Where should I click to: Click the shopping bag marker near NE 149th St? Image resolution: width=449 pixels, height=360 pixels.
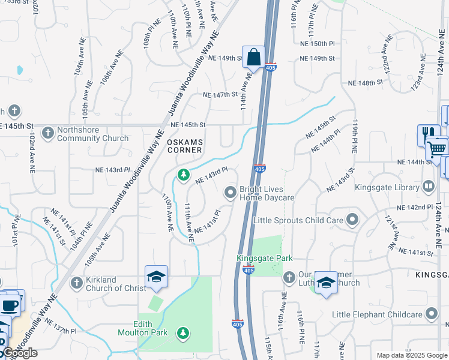(253, 58)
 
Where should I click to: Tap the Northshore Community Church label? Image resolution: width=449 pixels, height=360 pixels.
(92, 134)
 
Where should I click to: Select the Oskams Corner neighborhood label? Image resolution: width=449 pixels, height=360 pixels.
(184, 146)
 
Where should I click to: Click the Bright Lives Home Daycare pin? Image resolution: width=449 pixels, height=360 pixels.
(230, 193)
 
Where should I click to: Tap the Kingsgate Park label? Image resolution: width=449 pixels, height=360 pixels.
(265, 258)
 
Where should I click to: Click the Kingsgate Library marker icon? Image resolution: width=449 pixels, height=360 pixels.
(428, 187)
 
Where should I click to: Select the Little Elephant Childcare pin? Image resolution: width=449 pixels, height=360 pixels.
(432, 314)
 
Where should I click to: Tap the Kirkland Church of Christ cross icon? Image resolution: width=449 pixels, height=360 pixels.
(76, 283)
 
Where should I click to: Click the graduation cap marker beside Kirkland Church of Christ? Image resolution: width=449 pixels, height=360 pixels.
(156, 277)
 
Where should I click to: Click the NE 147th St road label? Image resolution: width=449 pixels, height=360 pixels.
(221, 95)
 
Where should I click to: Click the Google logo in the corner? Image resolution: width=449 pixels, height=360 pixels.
(20, 353)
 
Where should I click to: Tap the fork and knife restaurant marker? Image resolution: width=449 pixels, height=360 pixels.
(428, 134)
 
